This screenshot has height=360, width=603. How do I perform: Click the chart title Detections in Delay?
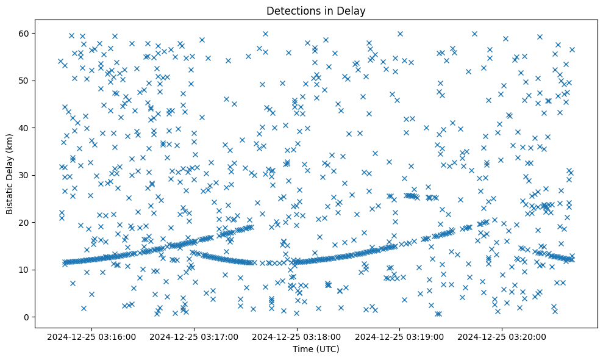coord(316,10)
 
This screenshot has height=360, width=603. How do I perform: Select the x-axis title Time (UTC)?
coord(316,349)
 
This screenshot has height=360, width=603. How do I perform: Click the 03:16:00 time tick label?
coord(92,336)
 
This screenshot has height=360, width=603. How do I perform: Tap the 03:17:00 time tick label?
coord(194,336)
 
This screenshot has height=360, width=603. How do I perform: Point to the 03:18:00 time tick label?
coord(298,336)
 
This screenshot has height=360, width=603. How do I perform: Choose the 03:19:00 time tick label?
coord(400,336)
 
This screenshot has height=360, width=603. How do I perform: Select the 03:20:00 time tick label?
coord(503,336)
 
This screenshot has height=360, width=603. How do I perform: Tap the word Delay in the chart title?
coord(352,10)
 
